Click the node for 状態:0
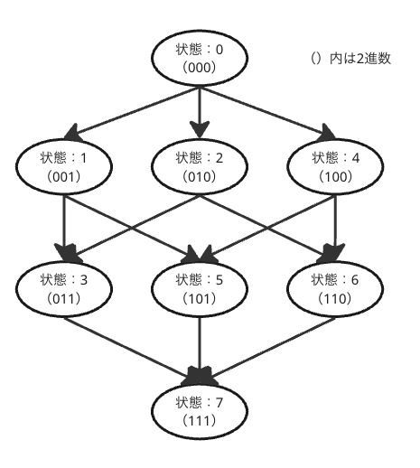pyautogui.click(x=200, y=58)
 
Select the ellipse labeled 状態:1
pyautogui.click(x=64, y=166)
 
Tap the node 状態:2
pyautogui.click(x=200, y=166)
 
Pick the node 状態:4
pyautogui.click(x=335, y=166)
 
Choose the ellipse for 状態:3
pyautogui.click(x=64, y=289)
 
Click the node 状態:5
pyautogui.click(x=200, y=289)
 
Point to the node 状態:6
pyautogui.click(x=335, y=289)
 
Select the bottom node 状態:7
pyautogui.click(x=200, y=411)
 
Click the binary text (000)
pyautogui.click(x=200, y=68)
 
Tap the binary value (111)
pyautogui.click(x=200, y=421)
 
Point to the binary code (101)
pyautogui.click(x=200, y=298)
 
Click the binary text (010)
pyautogui.click(x=200, y=176)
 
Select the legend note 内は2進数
pyautogui.click(x=360, y=59)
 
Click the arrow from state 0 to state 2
pyautogui.click(x=200, y=113)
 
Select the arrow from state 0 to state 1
pyautogui.click(x=132, y=114)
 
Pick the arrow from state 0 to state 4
pyautogui.click(x=267, y=114)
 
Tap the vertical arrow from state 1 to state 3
pyautogui.click(x=64, y=229)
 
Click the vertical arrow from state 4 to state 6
pyautogui.click(x=335, y=229)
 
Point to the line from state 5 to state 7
pyautogui.click(x=200, y=351)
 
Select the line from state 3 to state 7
pyautogui.click(x=132, y=351)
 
